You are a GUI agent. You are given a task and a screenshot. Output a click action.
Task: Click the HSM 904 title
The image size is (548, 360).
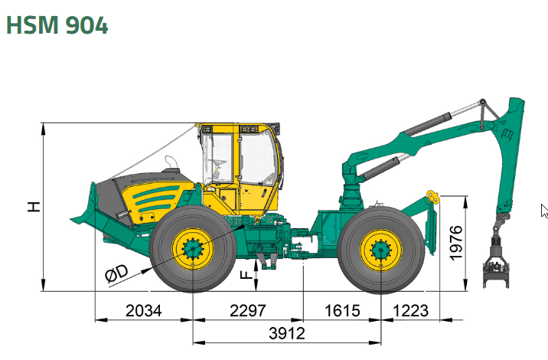(x=57, y=25)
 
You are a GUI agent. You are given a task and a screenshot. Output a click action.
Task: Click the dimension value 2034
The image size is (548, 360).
(x=144, y=311)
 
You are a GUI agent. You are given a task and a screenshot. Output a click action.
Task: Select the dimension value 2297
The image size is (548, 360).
(x=248, y=311)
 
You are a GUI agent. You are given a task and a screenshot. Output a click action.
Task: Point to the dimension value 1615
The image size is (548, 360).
(x=342, y=311)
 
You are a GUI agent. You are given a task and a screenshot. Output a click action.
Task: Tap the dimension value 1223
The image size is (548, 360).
(x=411, y=311)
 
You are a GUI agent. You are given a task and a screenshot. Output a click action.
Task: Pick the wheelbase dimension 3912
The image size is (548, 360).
(x=287, y=333)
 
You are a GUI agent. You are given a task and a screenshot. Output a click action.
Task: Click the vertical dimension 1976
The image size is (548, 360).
(x=455, y=243)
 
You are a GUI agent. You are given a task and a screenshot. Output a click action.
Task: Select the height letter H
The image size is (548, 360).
(x=34, y=207)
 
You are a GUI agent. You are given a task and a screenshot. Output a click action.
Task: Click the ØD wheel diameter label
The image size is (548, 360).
(x=117, y=273)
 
